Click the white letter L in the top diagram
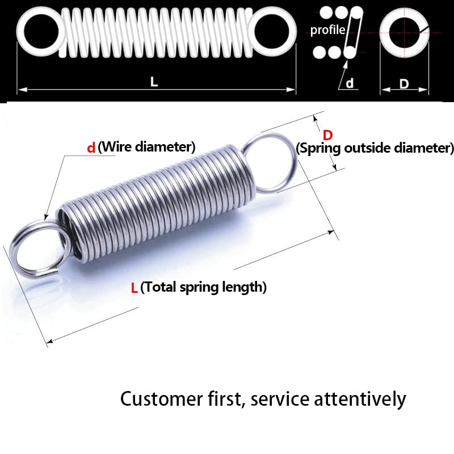154,81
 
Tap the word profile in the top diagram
327,30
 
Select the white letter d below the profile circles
350,83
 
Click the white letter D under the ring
403,83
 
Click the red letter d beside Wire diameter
91,148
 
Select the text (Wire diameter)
146,148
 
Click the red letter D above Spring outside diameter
327,135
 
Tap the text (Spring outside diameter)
375,149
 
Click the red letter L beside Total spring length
134,288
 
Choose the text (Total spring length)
203,287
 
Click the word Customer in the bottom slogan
159,399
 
